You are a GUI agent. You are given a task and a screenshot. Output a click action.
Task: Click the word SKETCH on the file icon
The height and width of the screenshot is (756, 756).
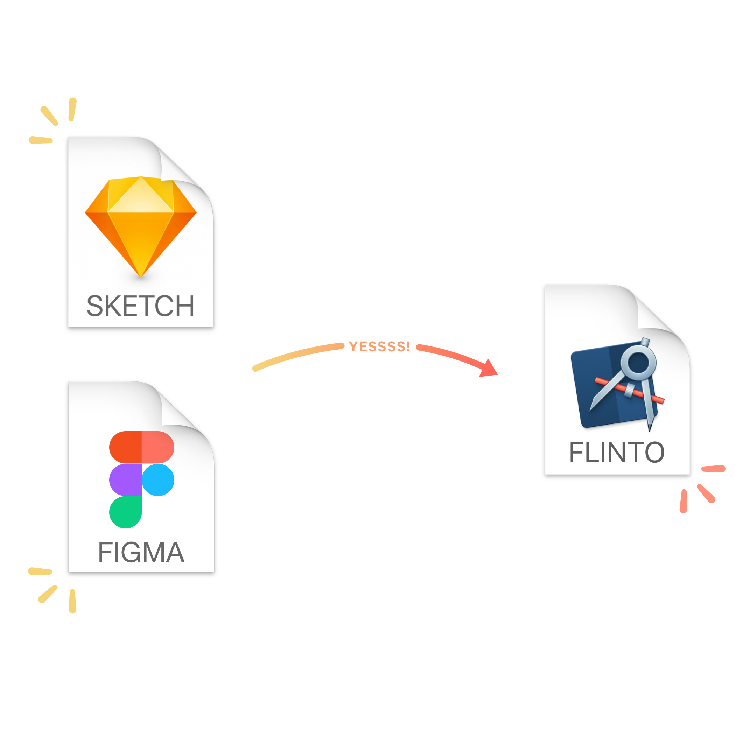[140, 306]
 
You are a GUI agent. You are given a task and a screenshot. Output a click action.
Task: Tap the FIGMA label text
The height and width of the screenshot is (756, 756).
[141, 553]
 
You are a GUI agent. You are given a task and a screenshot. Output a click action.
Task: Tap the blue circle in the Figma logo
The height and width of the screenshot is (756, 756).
[158, 480]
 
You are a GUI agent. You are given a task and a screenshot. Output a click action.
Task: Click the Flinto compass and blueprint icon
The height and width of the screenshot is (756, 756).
[617, 385]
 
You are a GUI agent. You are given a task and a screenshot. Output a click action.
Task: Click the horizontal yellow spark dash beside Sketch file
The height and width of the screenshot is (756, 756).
[41, 140]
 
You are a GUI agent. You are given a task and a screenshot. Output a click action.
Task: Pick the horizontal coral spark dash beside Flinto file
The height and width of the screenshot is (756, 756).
[713, 469]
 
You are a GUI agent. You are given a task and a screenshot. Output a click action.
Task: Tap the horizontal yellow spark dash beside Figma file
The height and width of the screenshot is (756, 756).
[40, 571]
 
